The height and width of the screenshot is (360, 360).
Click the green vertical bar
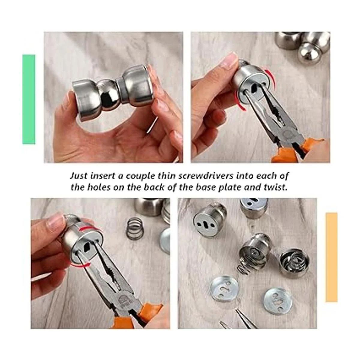pos(29,99)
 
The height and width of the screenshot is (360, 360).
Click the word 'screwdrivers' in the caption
pos(206,176)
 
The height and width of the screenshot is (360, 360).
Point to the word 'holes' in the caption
pos(99,187)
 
